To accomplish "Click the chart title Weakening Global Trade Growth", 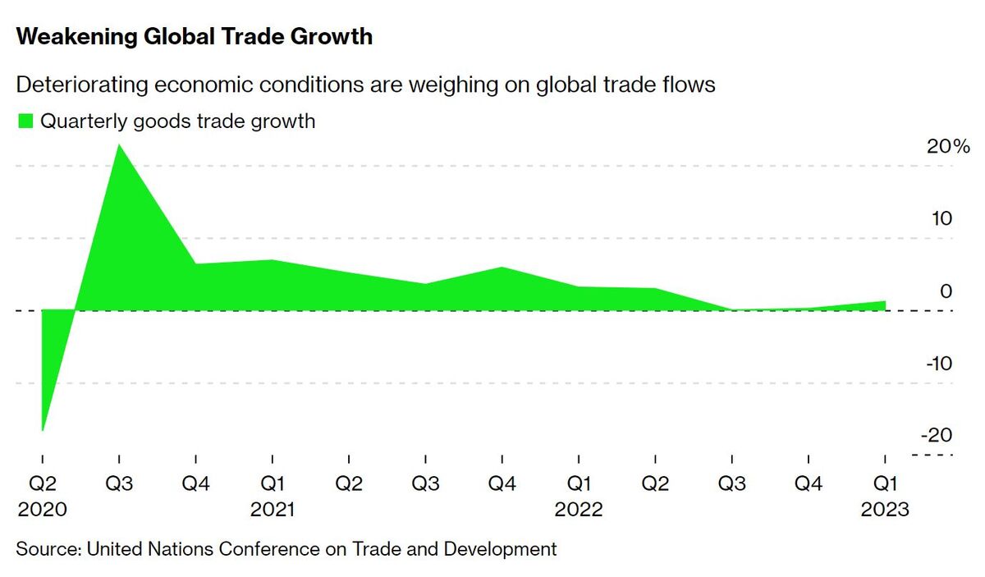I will click(x=195, y=37).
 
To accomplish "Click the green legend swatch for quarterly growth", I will click(x=25, y=121).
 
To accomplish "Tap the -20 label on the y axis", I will click(x=937, y=435).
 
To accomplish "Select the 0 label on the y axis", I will click(x=946, y=291).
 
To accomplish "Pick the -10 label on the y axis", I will click(x=937, y=363).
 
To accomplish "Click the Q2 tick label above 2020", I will click(x=42, y=483).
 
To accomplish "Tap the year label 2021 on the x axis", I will click(x=273, y=510).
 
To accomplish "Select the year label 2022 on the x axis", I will click(x=579, y=510).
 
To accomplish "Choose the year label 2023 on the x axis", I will click(x=885, y=510).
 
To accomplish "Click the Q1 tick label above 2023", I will click(x=885, y=483).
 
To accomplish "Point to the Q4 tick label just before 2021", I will click(x=195, y=483).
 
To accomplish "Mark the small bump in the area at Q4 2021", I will click(x=502, y=268).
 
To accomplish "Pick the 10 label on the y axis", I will click(x=941, y=219).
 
